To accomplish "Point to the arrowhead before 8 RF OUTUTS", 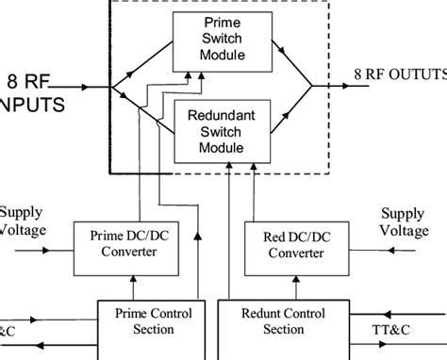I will (343, 87).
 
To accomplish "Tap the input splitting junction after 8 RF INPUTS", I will (112, 88).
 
